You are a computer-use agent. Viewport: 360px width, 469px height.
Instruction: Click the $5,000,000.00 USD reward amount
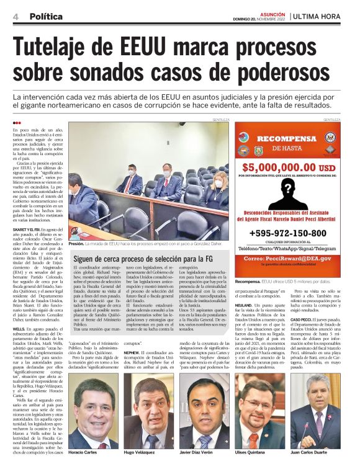tap(288, 167)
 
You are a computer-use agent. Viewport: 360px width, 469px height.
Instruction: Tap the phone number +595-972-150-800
tap(287, 233)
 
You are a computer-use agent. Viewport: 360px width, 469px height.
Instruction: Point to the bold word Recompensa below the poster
tap(248, 281)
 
